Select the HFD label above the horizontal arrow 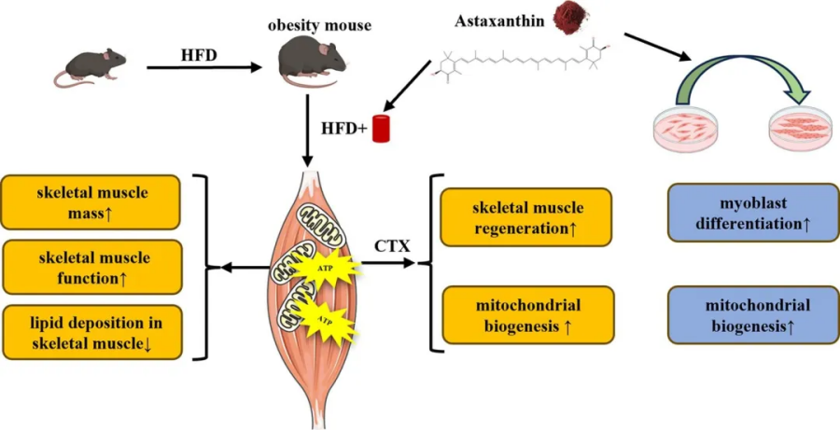pos(199,54)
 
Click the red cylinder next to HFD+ pos(381,129)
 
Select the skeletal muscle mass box pos(91,201)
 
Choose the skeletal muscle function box pos(91,267)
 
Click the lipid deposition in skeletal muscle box pos(91,333)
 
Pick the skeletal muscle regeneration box pos(525,217)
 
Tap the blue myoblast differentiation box pos(752,213)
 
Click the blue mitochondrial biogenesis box pos(752,314)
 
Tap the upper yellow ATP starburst pos(328,269)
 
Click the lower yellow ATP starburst pos(328,324)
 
